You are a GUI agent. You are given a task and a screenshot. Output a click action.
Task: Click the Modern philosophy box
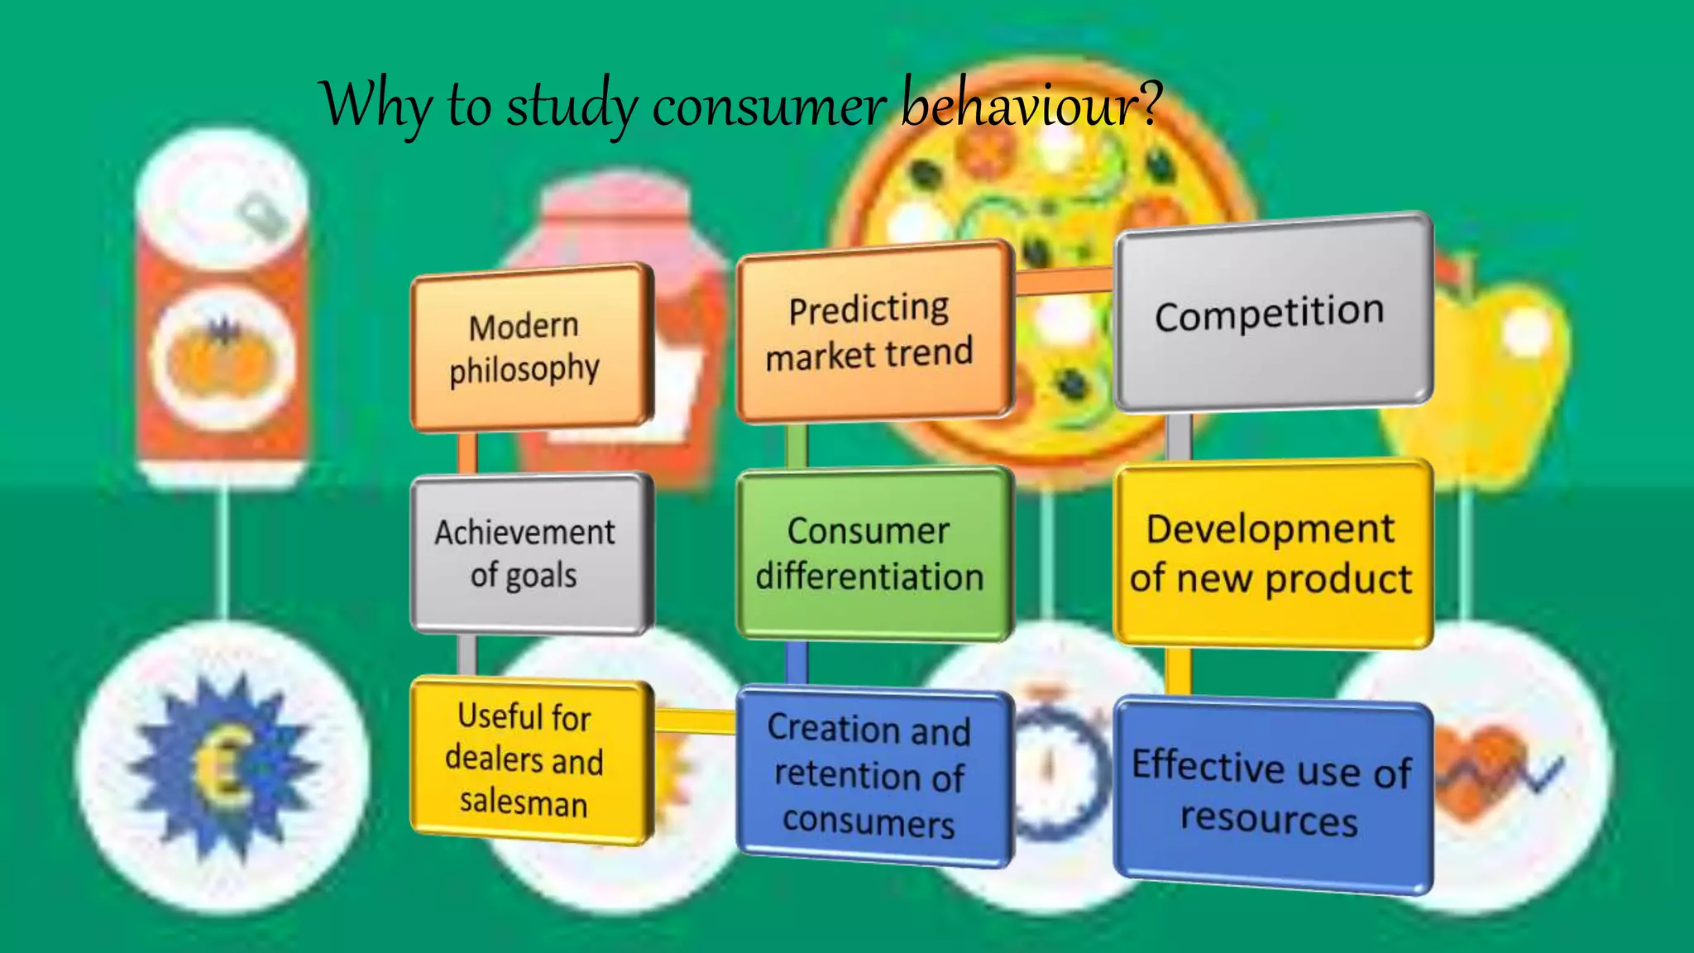[x=529, y=347]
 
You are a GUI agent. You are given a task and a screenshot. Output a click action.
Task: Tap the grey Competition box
[x=1271, y=313]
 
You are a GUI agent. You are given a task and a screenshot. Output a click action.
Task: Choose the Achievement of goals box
[x=529, y=553]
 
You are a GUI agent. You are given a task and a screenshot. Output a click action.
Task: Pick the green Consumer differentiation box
[x=873, y=553]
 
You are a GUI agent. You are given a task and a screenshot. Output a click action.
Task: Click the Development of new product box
[x=1271, y=553]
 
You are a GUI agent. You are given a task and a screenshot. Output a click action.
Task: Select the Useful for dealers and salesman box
[x=529, y=759]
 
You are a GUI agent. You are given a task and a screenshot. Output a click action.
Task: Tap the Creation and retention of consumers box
[x=873, y=776]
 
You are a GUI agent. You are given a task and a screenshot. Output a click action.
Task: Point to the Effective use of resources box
[x=1271, y=794]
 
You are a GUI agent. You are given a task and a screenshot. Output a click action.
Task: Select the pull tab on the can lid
[x=263, y=215]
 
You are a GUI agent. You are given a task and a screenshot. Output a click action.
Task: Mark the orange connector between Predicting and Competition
[x=1064, y=281]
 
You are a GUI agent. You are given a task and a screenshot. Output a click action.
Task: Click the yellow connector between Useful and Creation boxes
[x=695, y=721]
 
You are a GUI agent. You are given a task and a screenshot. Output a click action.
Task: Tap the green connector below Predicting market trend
[x=797, y=445]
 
